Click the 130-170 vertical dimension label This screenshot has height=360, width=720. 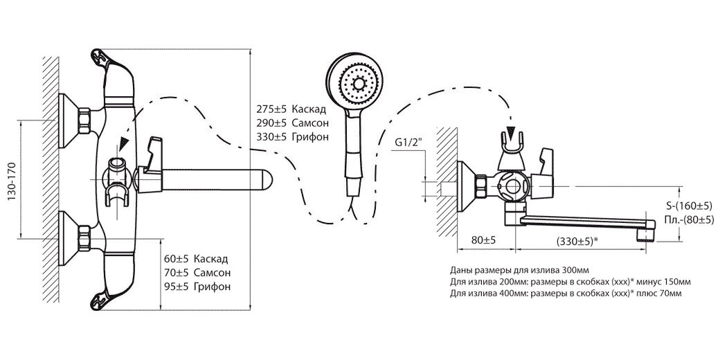tap(12, 182)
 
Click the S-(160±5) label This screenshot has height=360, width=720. tap(690, 206)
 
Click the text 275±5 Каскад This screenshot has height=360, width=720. tap(291, 109)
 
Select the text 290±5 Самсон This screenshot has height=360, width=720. tap(291, 122)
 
